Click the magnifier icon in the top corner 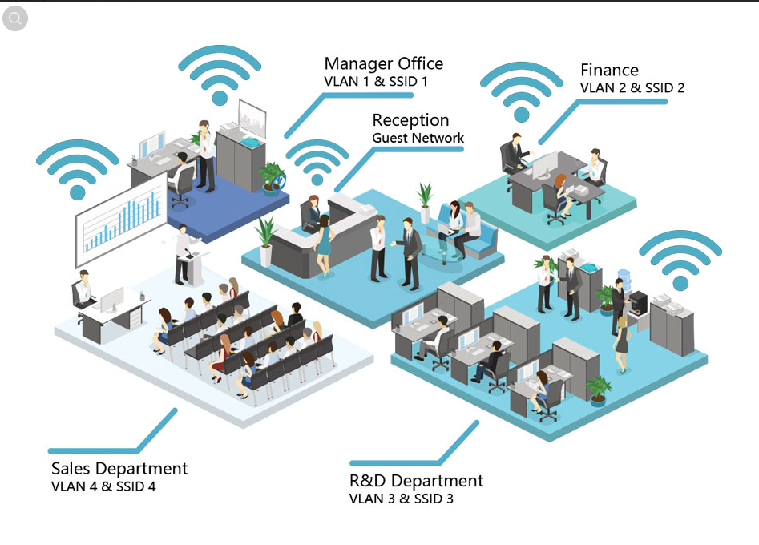[15, 18]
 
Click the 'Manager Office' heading [383, 63]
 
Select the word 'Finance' [609, 71]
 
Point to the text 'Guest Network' [418, 138]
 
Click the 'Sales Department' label [119, 468]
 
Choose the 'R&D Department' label [416, 481]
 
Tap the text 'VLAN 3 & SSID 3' [401, 499]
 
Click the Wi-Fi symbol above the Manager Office [220, 75]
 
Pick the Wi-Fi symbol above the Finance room [522, 93]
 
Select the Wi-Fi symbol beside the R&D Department [680, 260]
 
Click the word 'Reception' [410, 120]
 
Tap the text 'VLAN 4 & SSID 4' [103, 486]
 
